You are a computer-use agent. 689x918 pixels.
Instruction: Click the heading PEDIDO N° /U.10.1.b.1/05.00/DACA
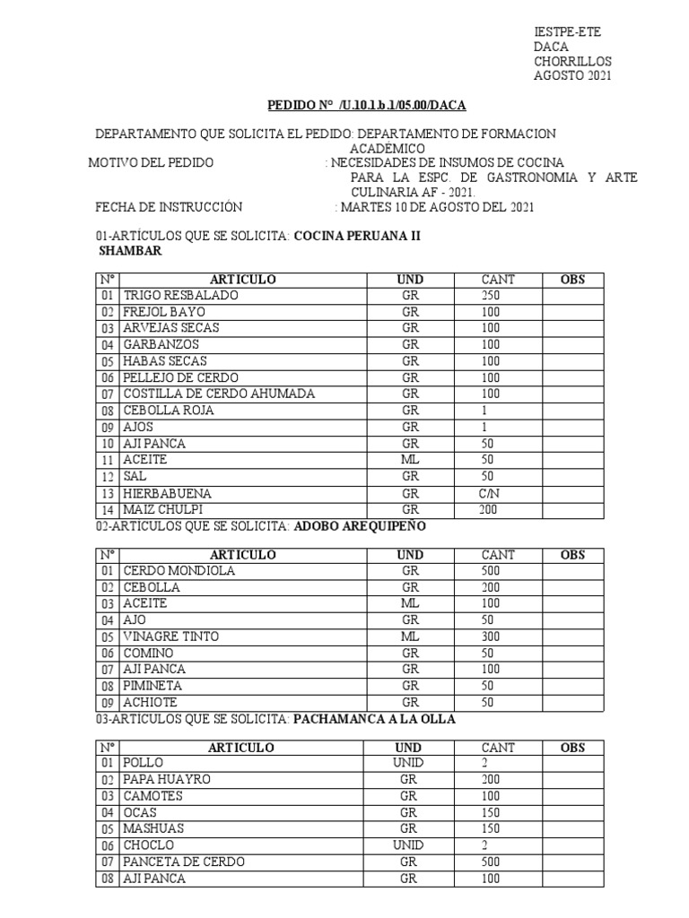367,106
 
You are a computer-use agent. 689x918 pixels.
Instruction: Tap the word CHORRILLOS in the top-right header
572,62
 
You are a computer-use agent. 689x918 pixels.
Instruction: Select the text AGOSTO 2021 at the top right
572,76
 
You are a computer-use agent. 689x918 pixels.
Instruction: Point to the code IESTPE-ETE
567,32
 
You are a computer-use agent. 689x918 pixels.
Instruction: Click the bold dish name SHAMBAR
129,252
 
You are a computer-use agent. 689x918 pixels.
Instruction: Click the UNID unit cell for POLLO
410,763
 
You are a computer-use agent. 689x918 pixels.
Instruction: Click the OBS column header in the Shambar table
571,280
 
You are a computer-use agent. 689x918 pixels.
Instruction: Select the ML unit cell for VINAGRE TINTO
410,637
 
